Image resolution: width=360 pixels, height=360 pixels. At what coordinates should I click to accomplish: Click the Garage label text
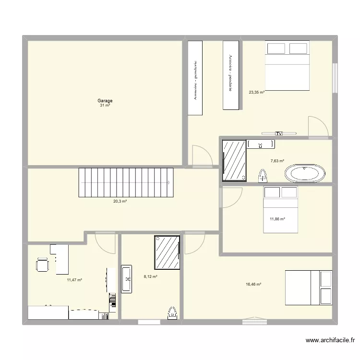point(105,101)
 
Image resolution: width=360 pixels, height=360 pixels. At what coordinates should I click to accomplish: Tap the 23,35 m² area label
point(256,93)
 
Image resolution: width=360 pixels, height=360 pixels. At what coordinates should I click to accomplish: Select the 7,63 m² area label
point(277,161)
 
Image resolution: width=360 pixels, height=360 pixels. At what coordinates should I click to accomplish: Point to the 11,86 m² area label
point(277,219)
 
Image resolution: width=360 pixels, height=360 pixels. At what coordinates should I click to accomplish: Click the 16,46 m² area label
point(253,284)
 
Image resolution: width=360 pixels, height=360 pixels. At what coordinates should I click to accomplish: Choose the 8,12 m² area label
point(151,276)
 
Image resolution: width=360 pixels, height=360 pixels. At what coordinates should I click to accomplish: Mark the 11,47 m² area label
point(74,280)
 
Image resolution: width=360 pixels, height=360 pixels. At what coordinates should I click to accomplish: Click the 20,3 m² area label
point(120,202)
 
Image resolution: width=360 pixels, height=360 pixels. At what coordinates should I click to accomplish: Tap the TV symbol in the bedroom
point(278,133)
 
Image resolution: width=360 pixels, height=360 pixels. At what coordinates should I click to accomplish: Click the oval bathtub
point(305,173)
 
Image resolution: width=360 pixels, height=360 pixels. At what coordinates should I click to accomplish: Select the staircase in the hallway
point(126,182)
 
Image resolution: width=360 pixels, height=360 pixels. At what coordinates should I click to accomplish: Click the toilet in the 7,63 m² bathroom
point(263,176)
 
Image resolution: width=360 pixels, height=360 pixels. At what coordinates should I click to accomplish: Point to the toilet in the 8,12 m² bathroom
point(172,313)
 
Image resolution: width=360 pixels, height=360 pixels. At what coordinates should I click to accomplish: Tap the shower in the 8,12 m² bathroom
point(167,252)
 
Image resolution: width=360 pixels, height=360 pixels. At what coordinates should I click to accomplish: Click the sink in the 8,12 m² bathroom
point(127,279)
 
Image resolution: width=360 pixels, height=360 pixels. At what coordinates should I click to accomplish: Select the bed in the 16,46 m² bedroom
point(308,288)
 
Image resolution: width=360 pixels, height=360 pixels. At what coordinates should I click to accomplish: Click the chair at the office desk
point(42,264)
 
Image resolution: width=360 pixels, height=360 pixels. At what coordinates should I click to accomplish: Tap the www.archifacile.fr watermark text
point(330,341)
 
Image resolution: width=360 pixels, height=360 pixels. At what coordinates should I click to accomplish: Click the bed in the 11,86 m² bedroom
point(281,210)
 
